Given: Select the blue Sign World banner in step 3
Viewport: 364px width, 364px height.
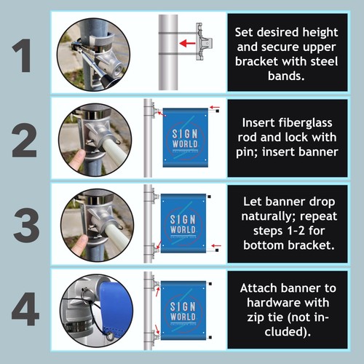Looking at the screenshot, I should coord(183,222).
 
